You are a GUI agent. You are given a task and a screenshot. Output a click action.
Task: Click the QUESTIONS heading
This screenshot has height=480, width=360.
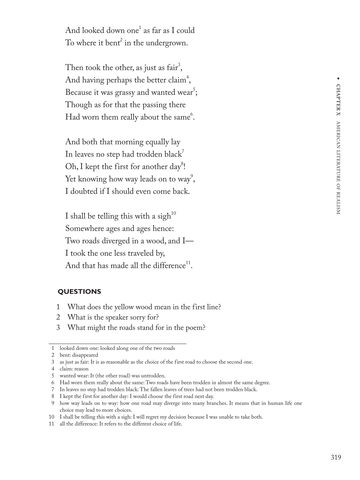pyautogui.click(x=79, y=291)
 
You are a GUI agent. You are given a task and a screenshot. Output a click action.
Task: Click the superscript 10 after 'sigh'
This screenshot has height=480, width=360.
pyautogui.click(x=173, y=213)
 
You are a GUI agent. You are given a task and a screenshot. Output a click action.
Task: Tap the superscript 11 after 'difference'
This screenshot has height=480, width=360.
pyautogui.click(x=188, y=263)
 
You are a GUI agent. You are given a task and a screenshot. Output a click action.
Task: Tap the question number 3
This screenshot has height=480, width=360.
pyautogui.click(x=58, y=327)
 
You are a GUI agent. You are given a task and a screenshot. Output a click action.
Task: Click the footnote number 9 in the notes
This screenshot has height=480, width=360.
pyautogui.click(x=53, y=403)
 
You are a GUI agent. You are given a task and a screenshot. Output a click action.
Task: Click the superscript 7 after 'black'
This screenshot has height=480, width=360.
pyautogui.click(x=183, y=152)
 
